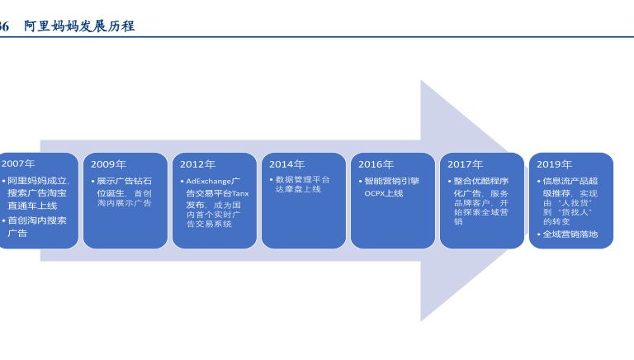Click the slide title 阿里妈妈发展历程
pos(79,26)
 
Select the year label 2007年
pos(18,164)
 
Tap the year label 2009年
pos(108,164)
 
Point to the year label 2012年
pos(197,164)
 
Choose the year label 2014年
pos(286,164)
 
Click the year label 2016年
pos(376,164)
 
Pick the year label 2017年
pos(465,164)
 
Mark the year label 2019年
pos(554,164)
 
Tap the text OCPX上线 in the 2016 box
pos(384,193)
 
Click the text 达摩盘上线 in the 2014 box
pos(298,189)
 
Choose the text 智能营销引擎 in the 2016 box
pos(391,181)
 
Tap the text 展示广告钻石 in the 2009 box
pos(124,181)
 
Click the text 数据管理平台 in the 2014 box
pos(302,179)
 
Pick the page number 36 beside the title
pos(4,26)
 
